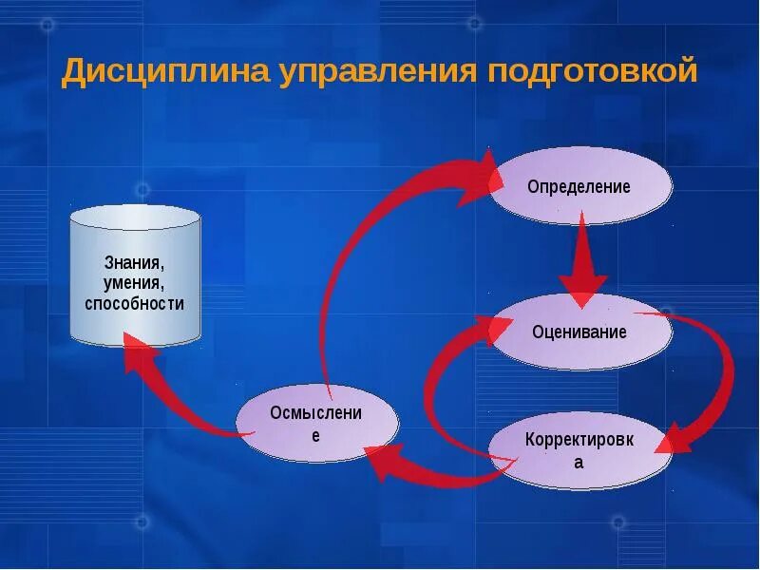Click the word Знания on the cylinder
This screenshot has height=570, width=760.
[134, 262]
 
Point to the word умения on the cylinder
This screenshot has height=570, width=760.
[134, 283]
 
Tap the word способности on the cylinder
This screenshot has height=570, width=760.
[134, 304]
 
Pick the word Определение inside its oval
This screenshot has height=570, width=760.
[579, 187]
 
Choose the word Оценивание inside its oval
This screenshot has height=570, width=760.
[579, 332]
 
